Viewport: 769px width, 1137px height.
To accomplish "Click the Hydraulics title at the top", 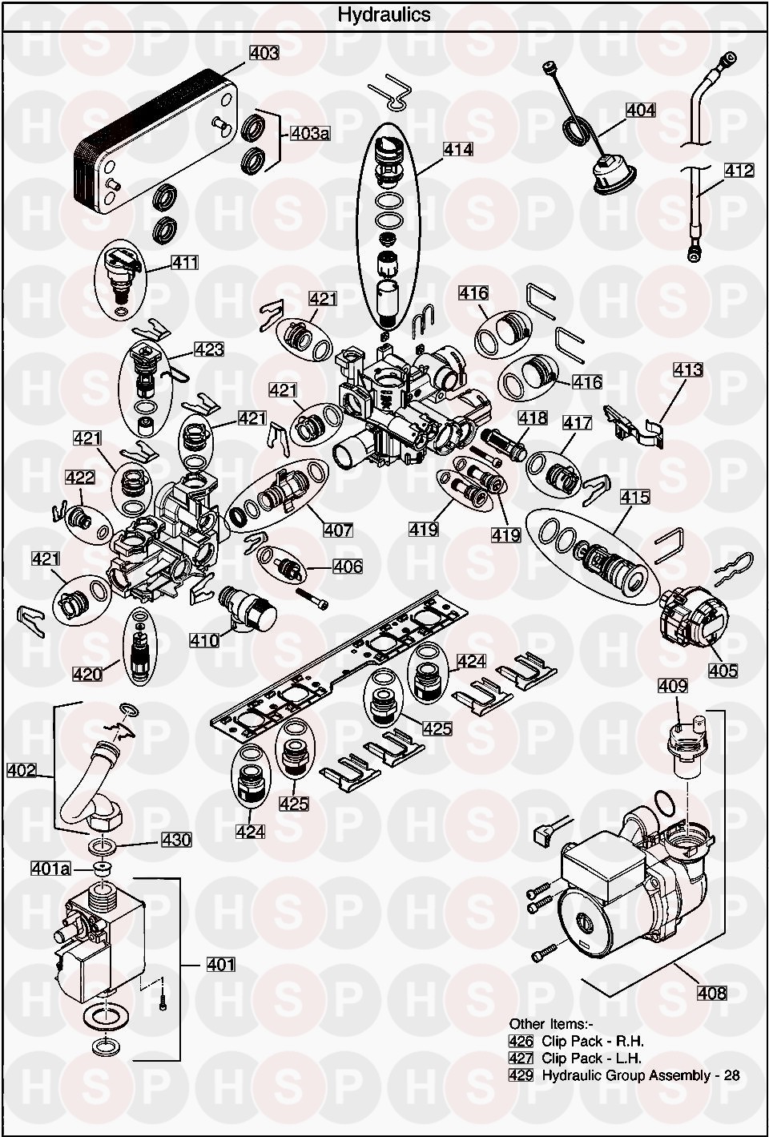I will click(x=384, y=14).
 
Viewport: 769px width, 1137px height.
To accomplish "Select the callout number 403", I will click(x=264, y=53).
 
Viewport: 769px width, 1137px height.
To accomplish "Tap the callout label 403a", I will click(x=309, y=134).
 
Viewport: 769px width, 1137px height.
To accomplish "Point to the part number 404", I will click(x=640, y=111).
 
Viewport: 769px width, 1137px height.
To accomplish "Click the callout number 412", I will click(x=739, y=171).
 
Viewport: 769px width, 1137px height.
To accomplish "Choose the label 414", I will click(x=458, y=149).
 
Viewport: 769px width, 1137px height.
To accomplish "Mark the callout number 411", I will click(x=184, y=262).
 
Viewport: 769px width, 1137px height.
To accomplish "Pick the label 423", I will click(x=209, y=349).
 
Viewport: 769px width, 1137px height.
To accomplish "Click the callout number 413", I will click(x=688, y=369).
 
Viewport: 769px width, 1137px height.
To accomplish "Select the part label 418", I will click(x=532, y=417).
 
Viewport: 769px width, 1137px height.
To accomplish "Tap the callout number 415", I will click(x=634, y=498).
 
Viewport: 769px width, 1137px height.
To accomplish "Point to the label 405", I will click(x=723, y=671).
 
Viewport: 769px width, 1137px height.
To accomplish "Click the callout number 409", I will click(x=673, y=686).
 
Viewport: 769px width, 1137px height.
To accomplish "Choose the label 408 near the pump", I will click(x=711, y=994).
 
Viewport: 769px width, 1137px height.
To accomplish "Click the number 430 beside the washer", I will click(x=176, y=840).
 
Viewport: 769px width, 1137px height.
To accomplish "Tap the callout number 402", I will click(x=22, y=771).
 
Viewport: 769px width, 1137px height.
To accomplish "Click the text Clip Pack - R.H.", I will click(x=592, y=1042).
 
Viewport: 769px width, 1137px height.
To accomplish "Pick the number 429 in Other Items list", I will click(x=521, y=1075).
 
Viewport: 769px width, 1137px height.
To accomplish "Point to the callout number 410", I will click(x=204, y=640).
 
